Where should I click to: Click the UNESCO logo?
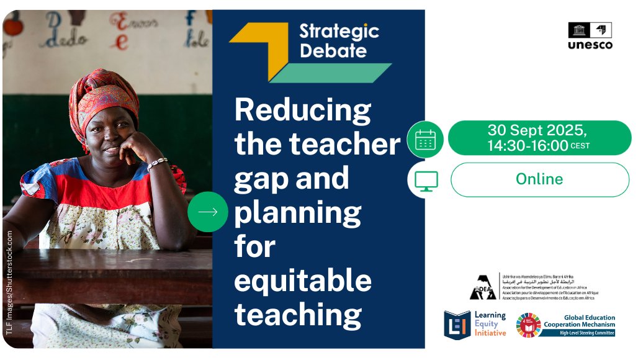point(590,36)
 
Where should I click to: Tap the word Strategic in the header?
point(339,30)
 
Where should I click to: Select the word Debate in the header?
point(333,50)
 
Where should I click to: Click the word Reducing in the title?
point(302,110)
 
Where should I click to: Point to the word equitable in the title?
point(302,281)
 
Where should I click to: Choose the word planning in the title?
point(297,213)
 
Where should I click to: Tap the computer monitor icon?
point(425,181)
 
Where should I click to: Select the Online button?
point(539,179)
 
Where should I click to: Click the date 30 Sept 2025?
point(537,130)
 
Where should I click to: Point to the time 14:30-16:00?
point(528,146)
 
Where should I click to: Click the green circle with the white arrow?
point(207,212)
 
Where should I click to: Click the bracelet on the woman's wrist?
point(156,164)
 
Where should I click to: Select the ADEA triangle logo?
point(482,287)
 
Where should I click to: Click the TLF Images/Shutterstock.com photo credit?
point(9,283)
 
